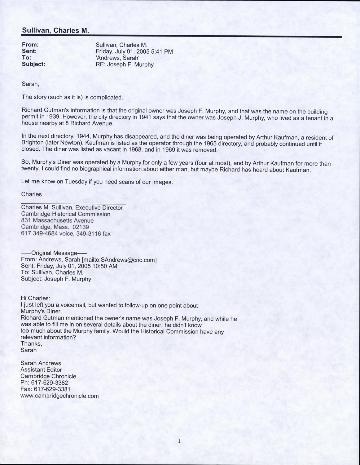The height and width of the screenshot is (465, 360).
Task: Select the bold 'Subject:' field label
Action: tap(33, 64)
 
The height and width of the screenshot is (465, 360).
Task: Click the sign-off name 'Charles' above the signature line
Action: tap(32, 194)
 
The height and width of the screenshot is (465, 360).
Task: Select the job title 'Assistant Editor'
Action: tap(41, 370)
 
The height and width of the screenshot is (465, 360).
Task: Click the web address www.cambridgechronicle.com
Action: tap(59, 396)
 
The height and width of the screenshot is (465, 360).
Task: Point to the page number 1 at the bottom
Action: tap(179, 441)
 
